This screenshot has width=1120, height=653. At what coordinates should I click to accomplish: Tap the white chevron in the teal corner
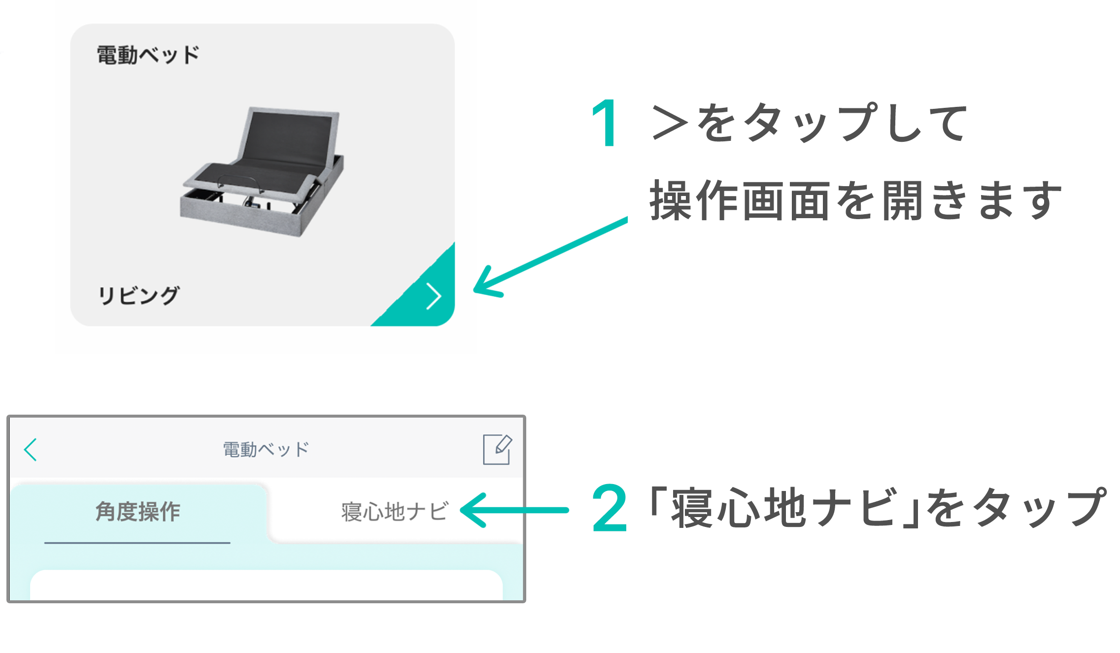[434, 296]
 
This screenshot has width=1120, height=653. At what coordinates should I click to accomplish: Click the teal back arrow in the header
[31, 450]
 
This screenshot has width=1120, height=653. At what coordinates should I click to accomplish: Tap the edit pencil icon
[497, 449]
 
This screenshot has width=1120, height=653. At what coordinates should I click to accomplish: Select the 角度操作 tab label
[138, 512]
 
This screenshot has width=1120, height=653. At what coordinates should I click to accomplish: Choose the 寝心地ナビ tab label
[395, 512]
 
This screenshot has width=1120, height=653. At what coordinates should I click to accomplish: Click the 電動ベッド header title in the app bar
[266, 449]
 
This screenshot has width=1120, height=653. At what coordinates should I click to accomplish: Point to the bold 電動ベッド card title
[148, 55]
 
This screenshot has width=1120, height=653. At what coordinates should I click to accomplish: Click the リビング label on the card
[139, 295]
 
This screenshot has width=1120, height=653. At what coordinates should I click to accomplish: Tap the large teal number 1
[606, 123]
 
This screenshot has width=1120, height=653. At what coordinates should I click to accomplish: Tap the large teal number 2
[610, 508]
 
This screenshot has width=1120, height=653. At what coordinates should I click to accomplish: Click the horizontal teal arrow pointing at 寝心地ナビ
[514, 510]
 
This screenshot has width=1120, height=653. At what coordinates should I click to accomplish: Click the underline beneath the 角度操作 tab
[137, 543]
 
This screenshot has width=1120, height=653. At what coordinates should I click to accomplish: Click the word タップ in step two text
[1040, 507]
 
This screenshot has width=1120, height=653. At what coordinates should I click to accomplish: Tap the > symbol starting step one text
[670, 123]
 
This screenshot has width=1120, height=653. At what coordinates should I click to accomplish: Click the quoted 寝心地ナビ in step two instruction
[783, 507]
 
